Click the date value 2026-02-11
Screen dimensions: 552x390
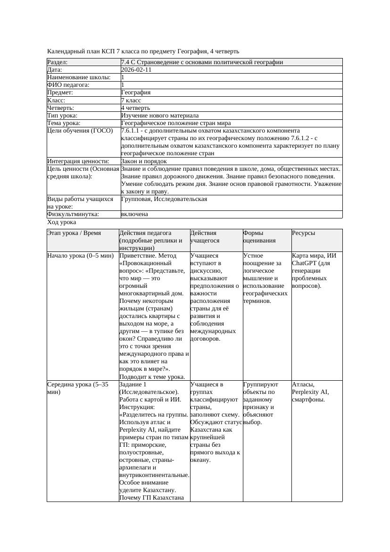click(x=136, y=70)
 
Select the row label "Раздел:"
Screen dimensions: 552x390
click(x=58, y=62)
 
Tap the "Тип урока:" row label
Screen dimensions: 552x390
click(x=63, y=116)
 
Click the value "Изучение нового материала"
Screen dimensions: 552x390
click(x=160, y=116)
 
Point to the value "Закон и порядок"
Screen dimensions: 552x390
click(x=144, y=161)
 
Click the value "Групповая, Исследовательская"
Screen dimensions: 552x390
click(x=164, y=199)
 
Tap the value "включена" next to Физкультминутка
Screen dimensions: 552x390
click(x=134, y=214)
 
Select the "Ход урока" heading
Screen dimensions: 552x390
click(x=62, y=222)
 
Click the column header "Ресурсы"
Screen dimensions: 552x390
click(x=304, y=233)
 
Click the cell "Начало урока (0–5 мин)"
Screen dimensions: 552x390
click(x=81, y=256)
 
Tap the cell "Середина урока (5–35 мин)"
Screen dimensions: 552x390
click(x=78, y=388)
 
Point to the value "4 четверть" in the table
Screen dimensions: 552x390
click(x=136, y=108)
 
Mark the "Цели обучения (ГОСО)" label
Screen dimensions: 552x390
click(x=80, y=131)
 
